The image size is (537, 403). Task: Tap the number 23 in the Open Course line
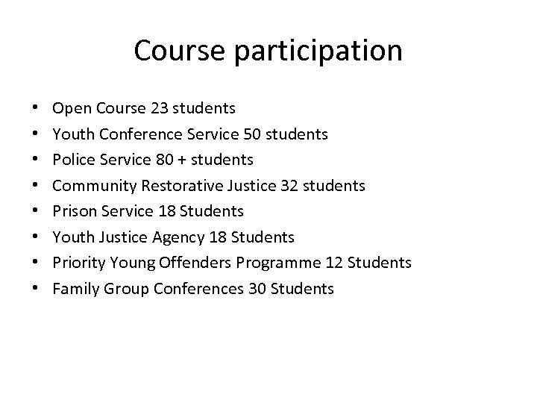(159, 109)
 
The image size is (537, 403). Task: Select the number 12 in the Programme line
(335, 263)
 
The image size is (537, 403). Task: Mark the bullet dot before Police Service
(36, 160)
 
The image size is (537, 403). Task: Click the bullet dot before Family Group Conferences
(36, 288)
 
